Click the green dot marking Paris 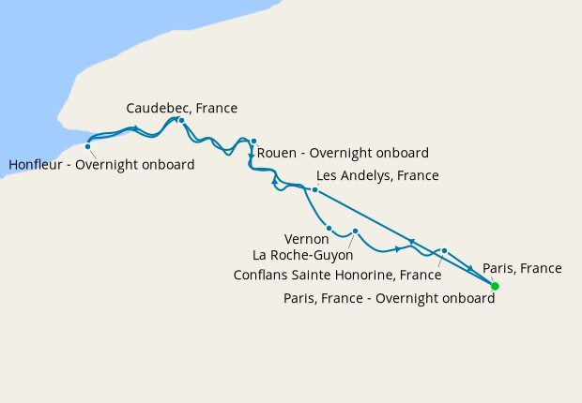pos(496,286)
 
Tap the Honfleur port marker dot pos(88,146)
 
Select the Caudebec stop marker pos(181,120)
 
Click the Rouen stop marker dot pos(253,142)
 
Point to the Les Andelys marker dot pos(314,190)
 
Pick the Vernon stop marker pos(329,228)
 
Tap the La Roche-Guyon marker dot pos(356,231)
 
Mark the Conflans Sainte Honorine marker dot pos(445,251)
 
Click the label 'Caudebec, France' pos(181,108)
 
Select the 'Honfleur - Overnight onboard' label pos(101,165)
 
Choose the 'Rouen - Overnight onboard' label pos(343,153)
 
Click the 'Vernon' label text pos(306,239)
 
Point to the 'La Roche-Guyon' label pos(301,254)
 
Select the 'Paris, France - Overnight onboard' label pos(389,299)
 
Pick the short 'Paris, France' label pos(522,268)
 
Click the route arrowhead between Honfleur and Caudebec pos(137,128)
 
